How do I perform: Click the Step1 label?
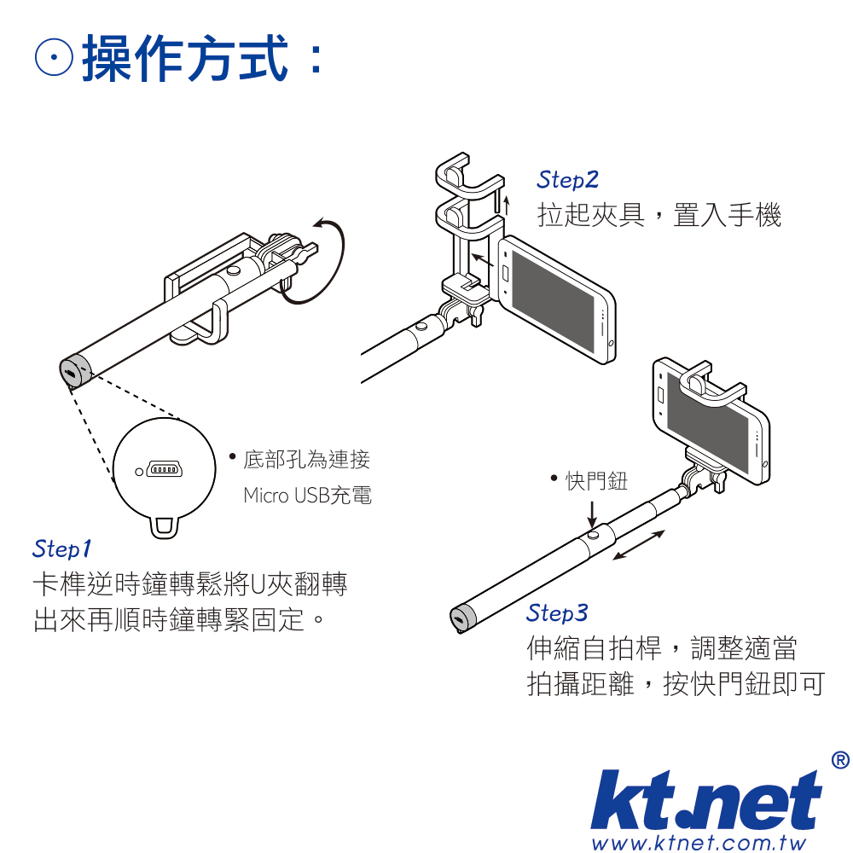click(62, 548)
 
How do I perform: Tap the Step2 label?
click(567, 180)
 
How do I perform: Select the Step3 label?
click(557, 613)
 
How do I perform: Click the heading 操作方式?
click(185, 58)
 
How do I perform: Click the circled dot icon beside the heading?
click(54, 57)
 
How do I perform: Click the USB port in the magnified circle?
click(164, 469)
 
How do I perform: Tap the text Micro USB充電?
click(307, 496)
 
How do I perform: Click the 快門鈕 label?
click(597, 481)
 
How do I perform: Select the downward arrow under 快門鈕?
click(593, 513)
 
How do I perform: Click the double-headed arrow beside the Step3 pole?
click(639, 544)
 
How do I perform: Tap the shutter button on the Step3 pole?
click(594, 535)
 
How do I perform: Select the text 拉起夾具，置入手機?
click(659, 214)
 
